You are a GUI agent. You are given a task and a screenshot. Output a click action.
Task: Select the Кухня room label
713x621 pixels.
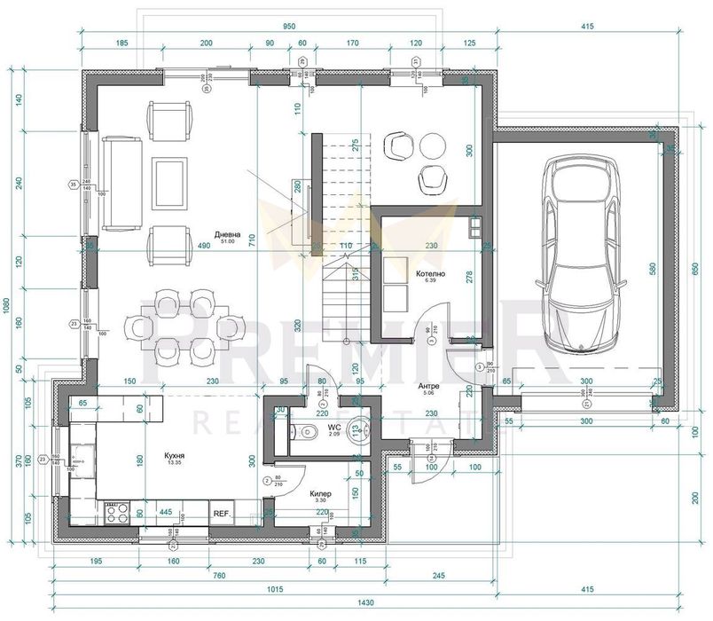(174, 457)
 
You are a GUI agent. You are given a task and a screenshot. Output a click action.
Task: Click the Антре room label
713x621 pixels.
(430, 387)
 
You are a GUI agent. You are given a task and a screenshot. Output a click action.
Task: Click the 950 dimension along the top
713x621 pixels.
(288, 27)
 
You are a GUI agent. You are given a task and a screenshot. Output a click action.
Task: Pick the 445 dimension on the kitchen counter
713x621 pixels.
(164, 511)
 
